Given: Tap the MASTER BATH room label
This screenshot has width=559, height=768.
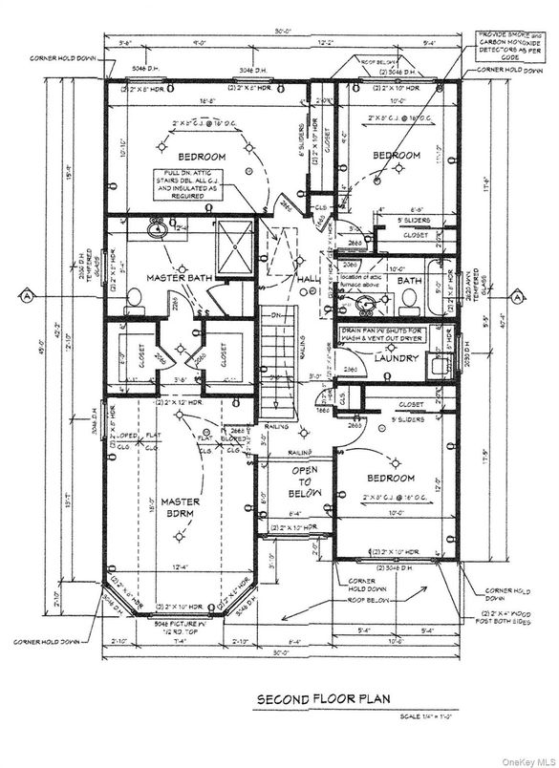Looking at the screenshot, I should point(172,278).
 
